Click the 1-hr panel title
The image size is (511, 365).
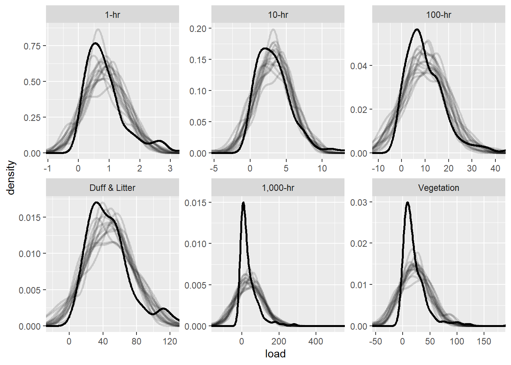(113, 15)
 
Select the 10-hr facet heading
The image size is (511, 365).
(278, 15)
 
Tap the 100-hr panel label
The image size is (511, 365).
(439, 15)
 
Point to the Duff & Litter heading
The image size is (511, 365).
(113, 188)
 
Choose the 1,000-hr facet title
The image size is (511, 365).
(278, 188)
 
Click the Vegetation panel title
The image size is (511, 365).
(439, 188)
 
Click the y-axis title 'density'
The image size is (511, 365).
(11, 178)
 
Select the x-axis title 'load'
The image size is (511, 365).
(275, 354)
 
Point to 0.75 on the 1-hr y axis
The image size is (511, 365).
(32, 46)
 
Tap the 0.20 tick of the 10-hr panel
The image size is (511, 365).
(198, 29)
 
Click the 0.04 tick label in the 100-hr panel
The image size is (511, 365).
(359, 66)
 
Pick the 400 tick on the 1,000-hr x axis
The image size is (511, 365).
(316, 341)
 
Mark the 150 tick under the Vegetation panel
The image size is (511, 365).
(484, 341)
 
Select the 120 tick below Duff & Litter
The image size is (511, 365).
(170, 341)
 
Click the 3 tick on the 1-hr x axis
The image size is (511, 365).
(170, 168)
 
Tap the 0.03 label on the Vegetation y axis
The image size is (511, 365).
(359, 203)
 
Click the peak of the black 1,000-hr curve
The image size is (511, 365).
(243, 203)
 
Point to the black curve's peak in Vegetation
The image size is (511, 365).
(408, 202)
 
